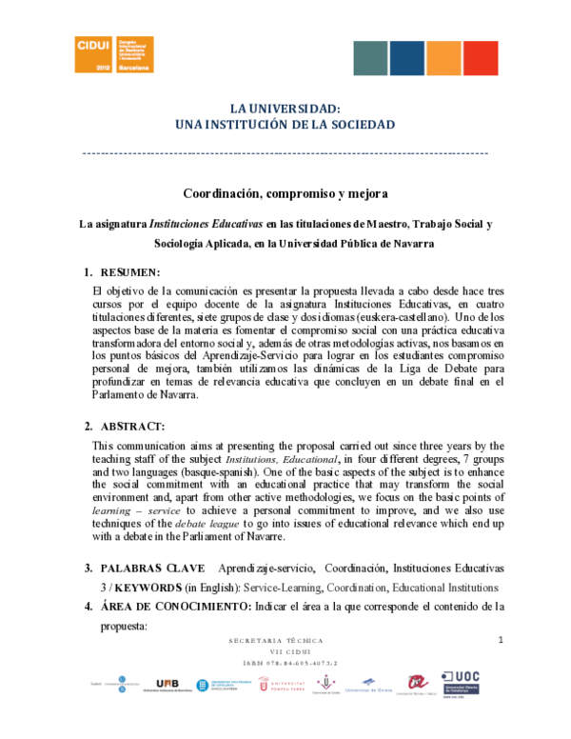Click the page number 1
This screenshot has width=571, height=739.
tap(500, 640)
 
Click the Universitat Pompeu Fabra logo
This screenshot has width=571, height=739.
tap(282, 684)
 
